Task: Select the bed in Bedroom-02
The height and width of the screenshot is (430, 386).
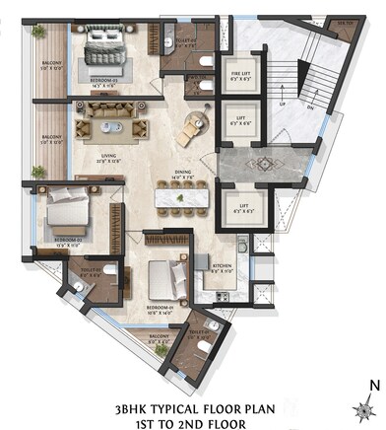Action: click(66, 213)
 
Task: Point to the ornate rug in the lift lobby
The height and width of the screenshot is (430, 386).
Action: click(266, 164)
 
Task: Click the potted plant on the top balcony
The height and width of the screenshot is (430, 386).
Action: click(38, 33)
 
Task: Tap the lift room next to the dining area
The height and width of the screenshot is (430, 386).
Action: click(235, 209)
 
